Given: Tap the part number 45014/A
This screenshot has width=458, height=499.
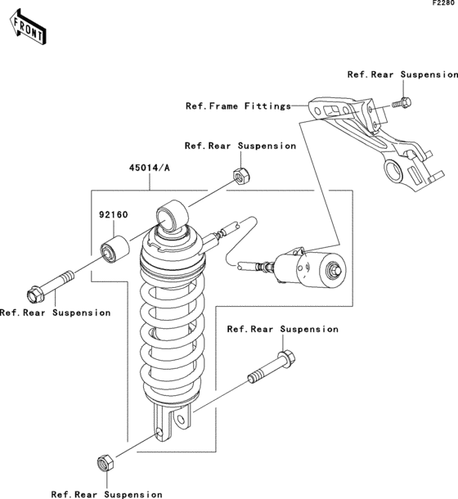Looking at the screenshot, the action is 150,168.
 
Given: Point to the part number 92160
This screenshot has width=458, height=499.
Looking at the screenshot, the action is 114,215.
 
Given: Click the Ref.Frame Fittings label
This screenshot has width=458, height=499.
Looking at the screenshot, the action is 238,106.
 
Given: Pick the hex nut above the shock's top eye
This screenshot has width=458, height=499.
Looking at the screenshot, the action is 241,176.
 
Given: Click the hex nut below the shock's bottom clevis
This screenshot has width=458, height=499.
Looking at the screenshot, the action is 106,463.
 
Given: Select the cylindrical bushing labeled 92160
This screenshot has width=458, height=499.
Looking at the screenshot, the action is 114,249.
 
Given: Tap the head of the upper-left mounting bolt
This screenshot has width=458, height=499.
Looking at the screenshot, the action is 34,294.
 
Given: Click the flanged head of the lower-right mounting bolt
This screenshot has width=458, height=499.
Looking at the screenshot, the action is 286,358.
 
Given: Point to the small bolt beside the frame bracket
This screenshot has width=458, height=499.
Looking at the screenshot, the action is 402,103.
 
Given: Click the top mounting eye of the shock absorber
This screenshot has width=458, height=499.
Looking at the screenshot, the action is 171,215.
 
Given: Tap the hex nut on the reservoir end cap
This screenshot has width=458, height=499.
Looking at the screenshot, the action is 335,270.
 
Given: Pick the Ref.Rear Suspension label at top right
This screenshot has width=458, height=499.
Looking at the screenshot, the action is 402,74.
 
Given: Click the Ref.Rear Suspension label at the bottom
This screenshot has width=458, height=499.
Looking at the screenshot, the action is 106,495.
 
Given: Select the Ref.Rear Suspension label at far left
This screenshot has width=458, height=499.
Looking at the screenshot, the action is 55,312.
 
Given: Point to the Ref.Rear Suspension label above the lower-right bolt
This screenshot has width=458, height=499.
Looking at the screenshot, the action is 283,329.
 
